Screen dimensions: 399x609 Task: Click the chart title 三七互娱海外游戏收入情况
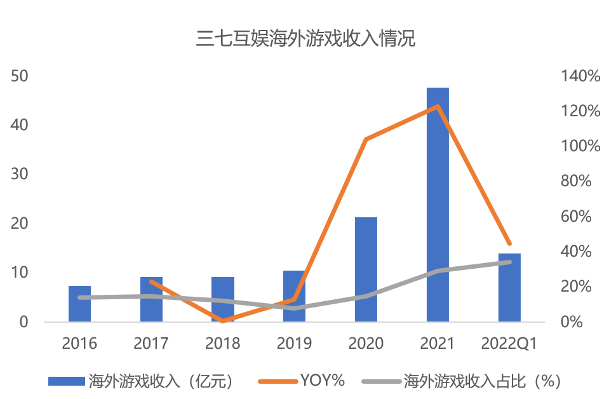[x=305, y=39]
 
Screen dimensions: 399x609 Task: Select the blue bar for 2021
[x=438, y=205]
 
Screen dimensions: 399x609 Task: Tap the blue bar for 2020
[x=366, y=269]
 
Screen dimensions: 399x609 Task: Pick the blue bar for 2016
[x=79, y=304]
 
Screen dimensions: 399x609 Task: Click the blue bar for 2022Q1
[x=509, y=287]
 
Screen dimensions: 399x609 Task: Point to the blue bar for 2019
[x=294, y=296]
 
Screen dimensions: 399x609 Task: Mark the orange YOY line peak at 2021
[x=438, y=106]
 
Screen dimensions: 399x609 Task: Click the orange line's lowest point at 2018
[x=223, y=321]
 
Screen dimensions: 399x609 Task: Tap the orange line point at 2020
[x=366, y=139]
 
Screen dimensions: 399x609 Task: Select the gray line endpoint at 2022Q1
[x=509, y=262]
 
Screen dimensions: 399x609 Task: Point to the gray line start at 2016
[x=79, y=297]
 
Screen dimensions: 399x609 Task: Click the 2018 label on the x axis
[x=223, y=344]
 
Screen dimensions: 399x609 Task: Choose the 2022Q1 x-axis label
[x=509, y=344]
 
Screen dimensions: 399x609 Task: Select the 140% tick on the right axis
[x=580, y=76]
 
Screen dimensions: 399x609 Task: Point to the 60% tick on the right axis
[x=577, y=217]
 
